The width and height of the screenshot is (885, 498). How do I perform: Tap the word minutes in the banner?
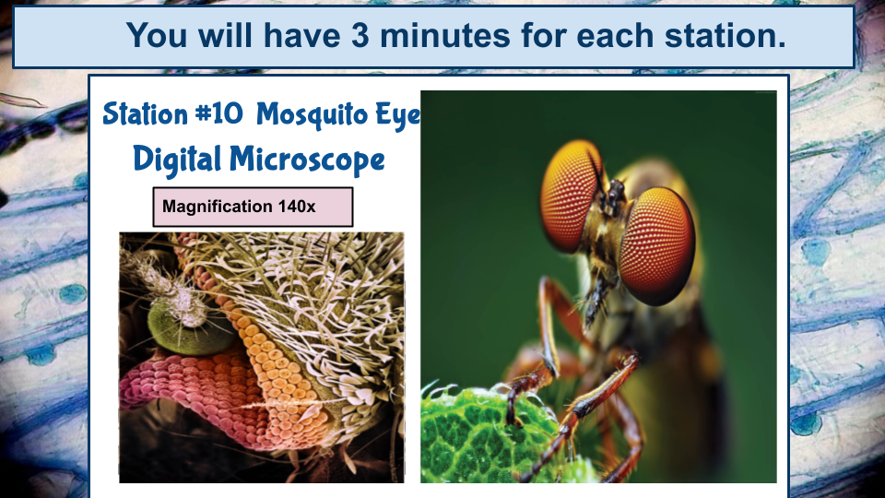447,36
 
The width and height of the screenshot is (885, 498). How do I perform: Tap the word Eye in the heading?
398,114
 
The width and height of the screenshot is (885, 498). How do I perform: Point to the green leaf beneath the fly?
479,433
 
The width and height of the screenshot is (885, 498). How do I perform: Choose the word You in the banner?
158,36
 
